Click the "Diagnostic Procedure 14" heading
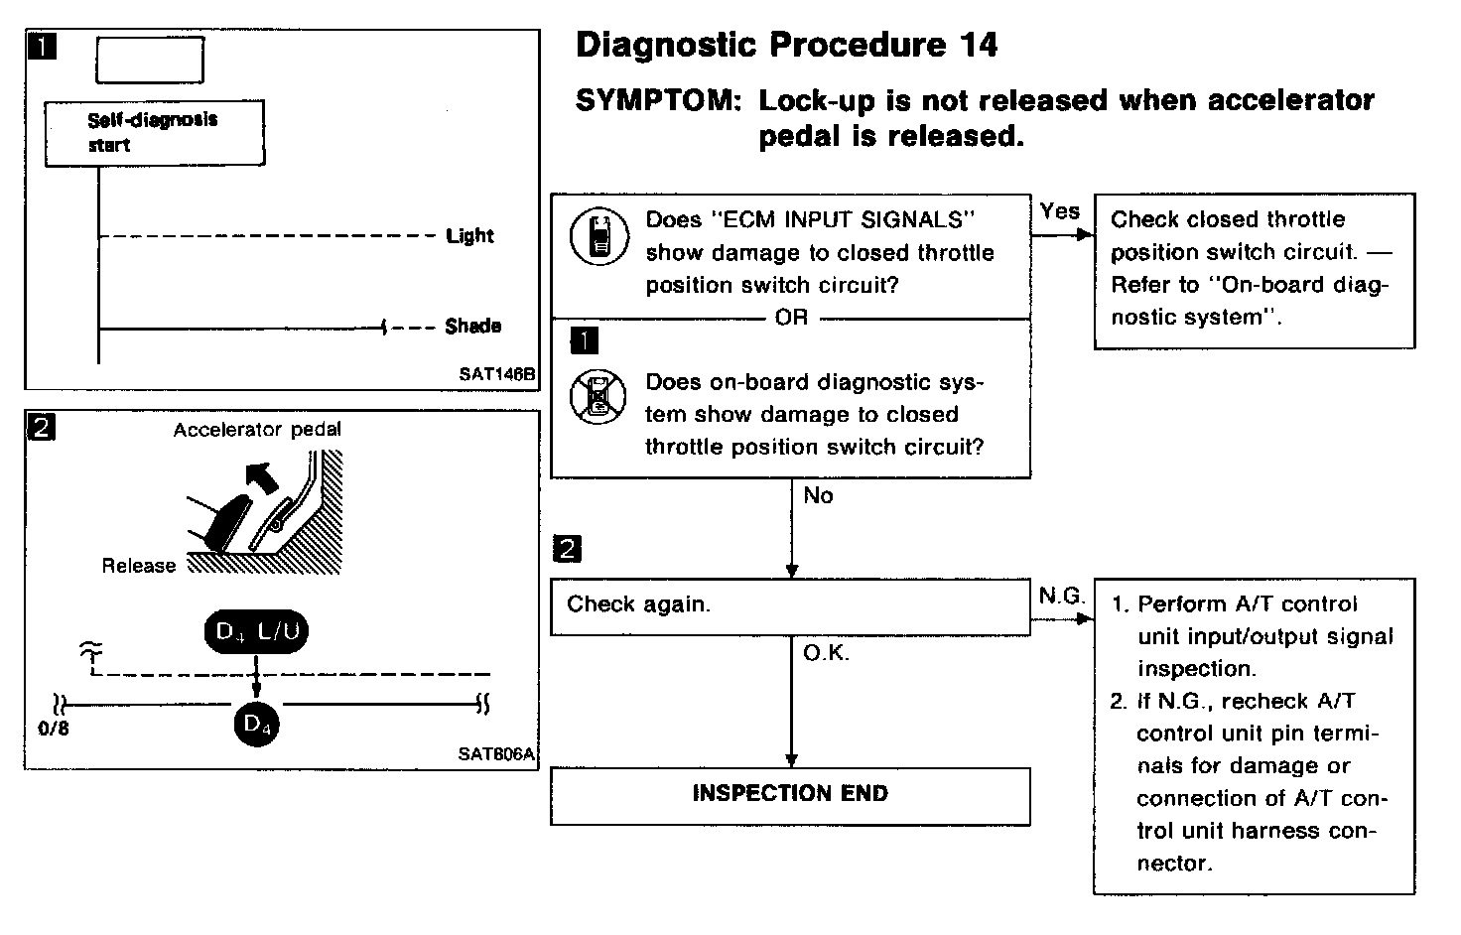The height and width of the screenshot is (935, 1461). coord(786,45)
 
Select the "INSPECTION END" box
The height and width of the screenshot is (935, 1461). coord(790,794)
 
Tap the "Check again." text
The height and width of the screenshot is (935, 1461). coord(638,604)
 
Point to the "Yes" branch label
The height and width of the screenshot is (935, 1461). coord(1060,210)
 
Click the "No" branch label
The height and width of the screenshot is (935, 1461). coord(818,495)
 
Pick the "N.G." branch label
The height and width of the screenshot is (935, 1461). coord(1061,596)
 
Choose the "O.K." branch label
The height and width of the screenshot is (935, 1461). coord(826,653)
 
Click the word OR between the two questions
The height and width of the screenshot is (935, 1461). coord(791,318)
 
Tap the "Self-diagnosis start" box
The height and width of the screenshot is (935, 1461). coord(154,132)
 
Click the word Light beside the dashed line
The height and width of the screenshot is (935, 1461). coord(469,236)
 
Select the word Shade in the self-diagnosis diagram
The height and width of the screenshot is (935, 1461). coord(472,326)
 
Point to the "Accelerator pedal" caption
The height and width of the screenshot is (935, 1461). coord(257,430)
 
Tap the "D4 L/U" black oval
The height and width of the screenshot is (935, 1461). coord(256,632)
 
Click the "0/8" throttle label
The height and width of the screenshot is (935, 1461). coord(52,729)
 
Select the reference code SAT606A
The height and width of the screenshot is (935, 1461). coord(496,753)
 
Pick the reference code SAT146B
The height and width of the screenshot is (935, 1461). coord(496,375)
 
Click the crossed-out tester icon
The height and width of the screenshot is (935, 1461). coord(598,398)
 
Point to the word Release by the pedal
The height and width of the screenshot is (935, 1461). coord(138,566)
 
